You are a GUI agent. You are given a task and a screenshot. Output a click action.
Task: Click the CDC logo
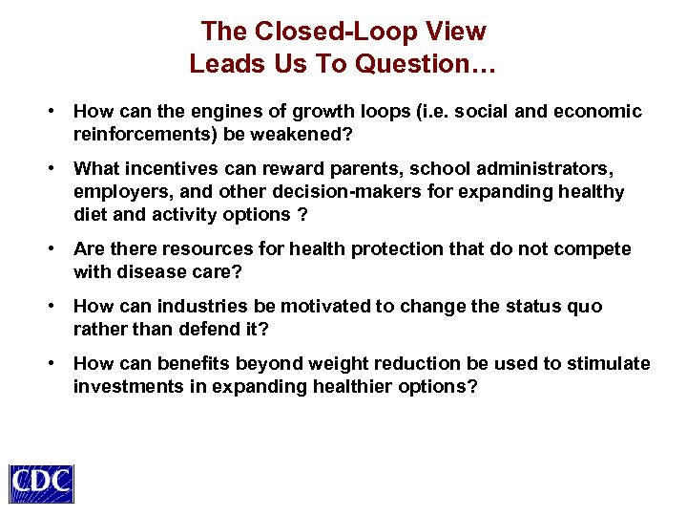41,483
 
